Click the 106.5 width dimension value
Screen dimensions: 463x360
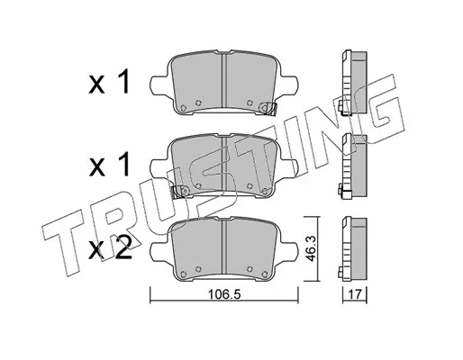(224, 294)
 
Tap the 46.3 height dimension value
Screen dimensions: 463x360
(311, 248)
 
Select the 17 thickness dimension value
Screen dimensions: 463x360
(355, 294)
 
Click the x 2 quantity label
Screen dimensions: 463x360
(110, 247)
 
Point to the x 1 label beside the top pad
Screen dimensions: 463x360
(109, 82)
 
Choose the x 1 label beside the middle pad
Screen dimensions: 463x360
(109, 164)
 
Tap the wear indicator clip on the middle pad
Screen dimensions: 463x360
(179, 192)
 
